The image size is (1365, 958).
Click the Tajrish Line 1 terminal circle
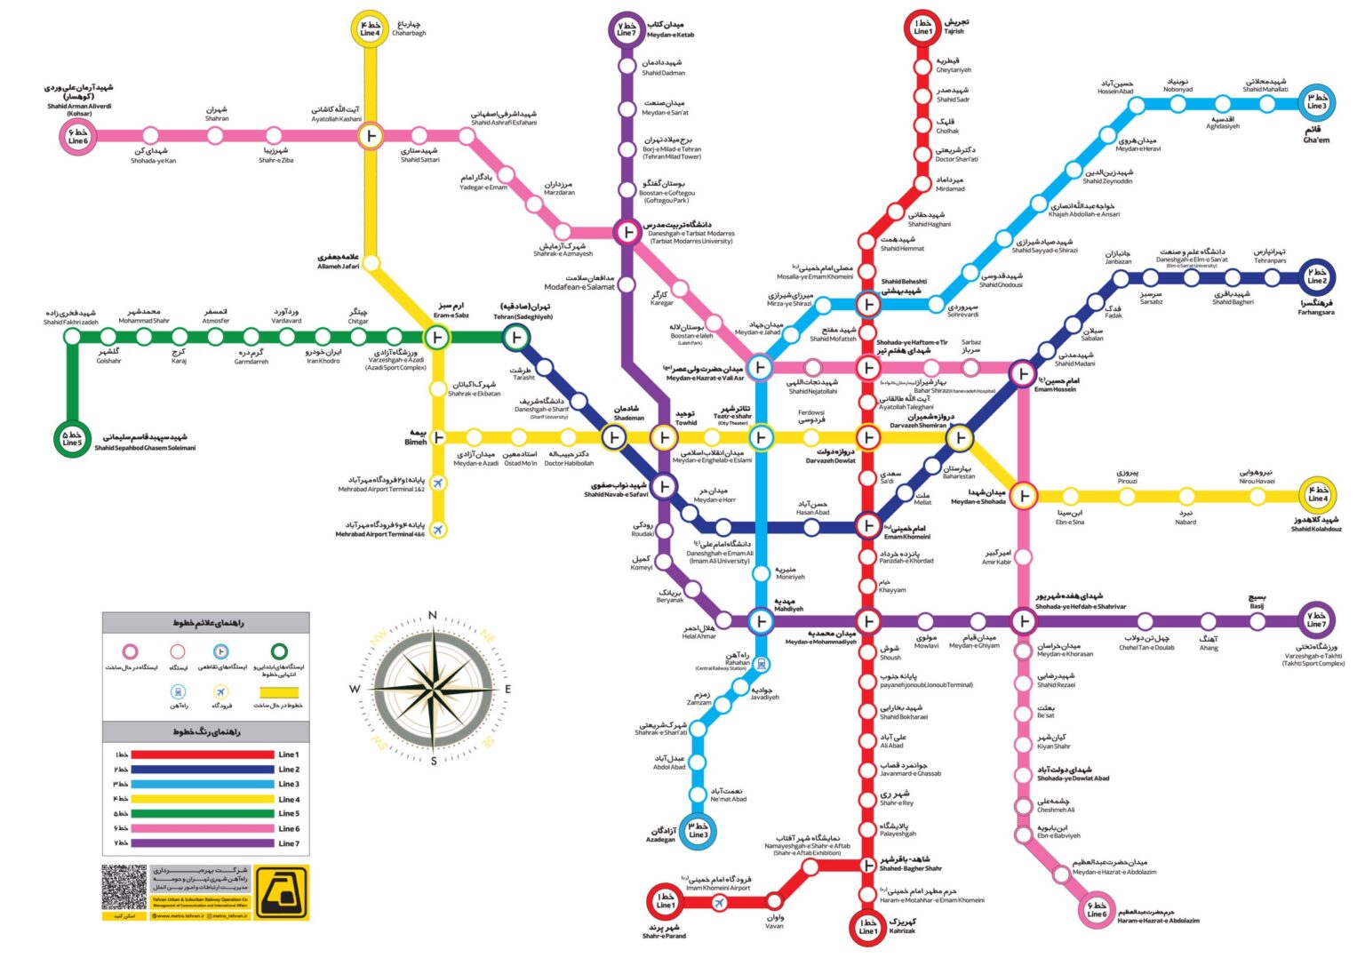pos(923,27)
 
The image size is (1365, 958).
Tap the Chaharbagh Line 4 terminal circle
pos(370,28)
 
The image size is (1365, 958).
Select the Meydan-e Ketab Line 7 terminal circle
pos(627,28)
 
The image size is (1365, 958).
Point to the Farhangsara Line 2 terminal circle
pos(1316,276)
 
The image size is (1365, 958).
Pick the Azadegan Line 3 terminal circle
pos(698,830)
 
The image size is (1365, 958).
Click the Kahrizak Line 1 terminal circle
pos(867,927)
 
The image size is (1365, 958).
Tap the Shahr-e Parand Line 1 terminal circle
pos(664,901)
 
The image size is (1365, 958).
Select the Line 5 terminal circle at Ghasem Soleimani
pos(72,438)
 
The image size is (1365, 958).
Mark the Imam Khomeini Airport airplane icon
pos(719,903)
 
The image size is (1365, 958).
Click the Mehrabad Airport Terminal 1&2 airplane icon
pos(437,483)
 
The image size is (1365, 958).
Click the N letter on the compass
pos(433,615)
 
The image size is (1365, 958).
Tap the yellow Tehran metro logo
pos(281,891)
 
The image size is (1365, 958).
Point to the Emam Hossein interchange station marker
pos(1023,374)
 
